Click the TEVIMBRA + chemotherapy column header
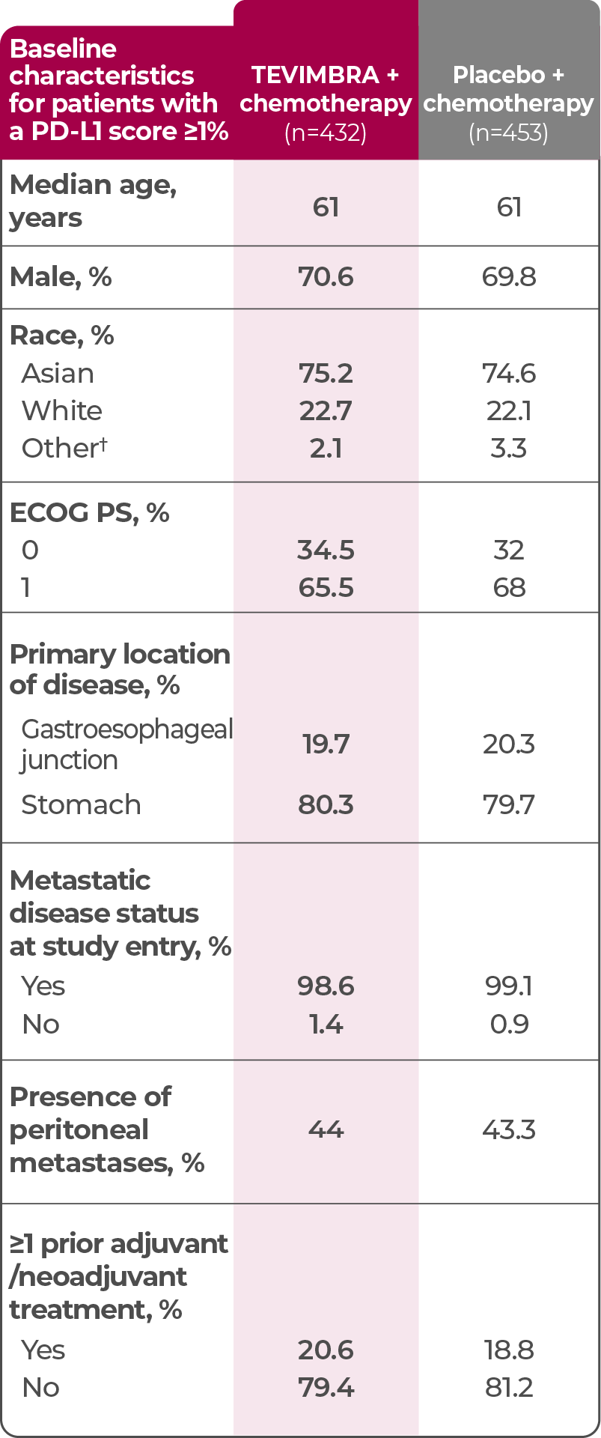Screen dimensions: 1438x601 point(326,89)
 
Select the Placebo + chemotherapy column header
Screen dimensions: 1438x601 point(508,89)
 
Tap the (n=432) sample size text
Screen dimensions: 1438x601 point(326,133)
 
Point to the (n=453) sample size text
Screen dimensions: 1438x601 point(508,133)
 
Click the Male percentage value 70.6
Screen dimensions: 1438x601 point(326,277)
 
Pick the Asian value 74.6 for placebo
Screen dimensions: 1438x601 point(509,374)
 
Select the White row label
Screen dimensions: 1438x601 point(62,411)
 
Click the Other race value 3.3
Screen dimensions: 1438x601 point(509,449)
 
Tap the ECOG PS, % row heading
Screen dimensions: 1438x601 point(89,513)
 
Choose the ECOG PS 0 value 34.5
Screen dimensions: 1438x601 point(326,550)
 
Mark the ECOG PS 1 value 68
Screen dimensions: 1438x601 point(509,588)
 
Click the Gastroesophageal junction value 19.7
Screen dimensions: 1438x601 point(326,744)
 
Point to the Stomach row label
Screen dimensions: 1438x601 point(81,805)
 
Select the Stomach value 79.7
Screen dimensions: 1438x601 point(509,805)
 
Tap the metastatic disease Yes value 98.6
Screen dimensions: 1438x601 point(326,986)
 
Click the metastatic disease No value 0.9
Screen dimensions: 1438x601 point(509,1025)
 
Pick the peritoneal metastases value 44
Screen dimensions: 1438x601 point(326,1130)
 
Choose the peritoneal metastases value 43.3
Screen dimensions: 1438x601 point(509,1130)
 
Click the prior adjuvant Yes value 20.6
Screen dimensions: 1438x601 point(326,1350)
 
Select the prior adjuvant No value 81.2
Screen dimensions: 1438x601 point(509,1388)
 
